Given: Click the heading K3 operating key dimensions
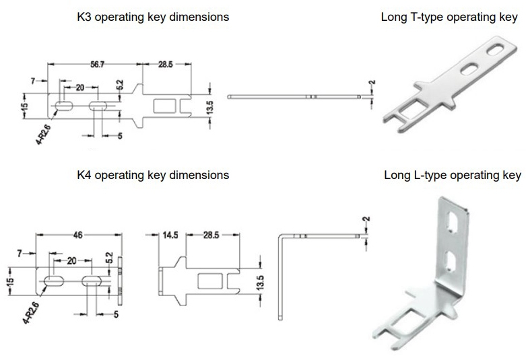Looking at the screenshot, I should [x=152, y=17].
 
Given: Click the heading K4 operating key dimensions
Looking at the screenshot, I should [x=152, y=175].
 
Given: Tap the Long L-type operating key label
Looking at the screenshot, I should [x=452, y=176].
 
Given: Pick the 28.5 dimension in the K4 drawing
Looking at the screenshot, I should [x=211, y=236].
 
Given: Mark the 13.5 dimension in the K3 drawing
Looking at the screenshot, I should [x=209, y=106].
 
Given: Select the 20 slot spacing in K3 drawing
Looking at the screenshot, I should [x=79, y=87].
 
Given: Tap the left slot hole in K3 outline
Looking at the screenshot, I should [x=65, y=106].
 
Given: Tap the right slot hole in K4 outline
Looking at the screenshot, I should [x=90, y=279].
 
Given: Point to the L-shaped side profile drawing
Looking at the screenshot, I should [x=284, y=269].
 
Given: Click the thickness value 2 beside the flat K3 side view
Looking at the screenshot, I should [x=372, y=84].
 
